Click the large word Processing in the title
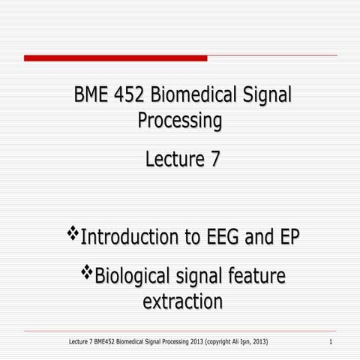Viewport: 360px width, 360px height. pyautogui.click(x=180, y=120)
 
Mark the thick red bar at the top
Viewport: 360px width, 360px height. pyautogui.click(x=115, y=58)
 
